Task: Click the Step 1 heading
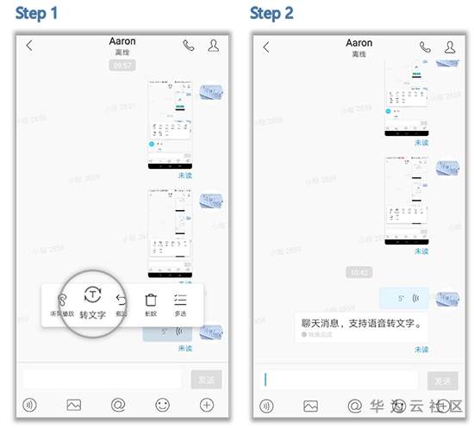pyautogui.click(x=37, y=14)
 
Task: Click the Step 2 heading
pyautogui.click(x=272, y=14)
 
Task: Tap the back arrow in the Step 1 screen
pyautogui.click(x=29, y=46)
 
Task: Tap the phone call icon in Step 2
pyautogui.click(x=425, y=47)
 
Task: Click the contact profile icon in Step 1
pyautogui.click(x=213, y=46)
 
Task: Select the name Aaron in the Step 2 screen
pyautogui.click(x=359, y=42)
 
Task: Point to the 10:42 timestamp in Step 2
pyautogui.click(x=359, y=272)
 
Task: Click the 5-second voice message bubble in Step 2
pyautogui.click(x=404, y=298)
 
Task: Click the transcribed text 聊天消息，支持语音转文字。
pyautogui.click(x=361, y=324)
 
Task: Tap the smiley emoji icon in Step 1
pyautogui.click(x=162, y=405)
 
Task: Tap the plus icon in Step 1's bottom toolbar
pyautogui.click(x=206, y=405)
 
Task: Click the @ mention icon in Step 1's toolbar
pyautogui.click(x=118, y=405)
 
